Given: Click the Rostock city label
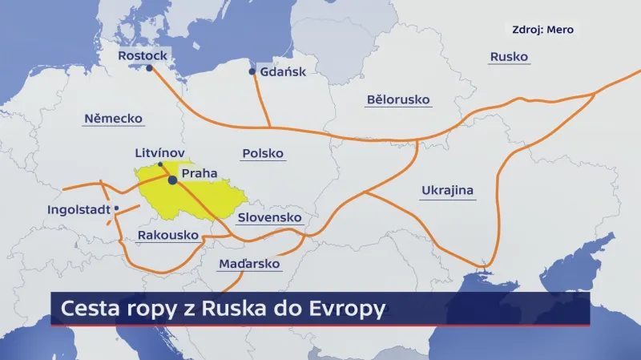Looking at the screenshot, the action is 143,56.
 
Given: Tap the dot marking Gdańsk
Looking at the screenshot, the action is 252,72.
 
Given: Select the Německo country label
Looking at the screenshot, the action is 113,119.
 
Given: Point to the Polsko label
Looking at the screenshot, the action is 263,153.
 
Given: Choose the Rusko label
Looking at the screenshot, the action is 508,57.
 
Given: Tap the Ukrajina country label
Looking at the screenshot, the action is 448,191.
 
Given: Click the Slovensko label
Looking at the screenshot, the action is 270,217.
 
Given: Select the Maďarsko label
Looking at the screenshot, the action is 248,263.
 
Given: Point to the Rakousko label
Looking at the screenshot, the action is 168,236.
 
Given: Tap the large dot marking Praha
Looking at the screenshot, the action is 172,180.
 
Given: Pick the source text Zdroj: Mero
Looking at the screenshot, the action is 542,30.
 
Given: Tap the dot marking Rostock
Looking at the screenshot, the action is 149,68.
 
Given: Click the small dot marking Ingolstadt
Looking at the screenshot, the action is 117,208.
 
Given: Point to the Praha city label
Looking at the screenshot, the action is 199,173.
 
